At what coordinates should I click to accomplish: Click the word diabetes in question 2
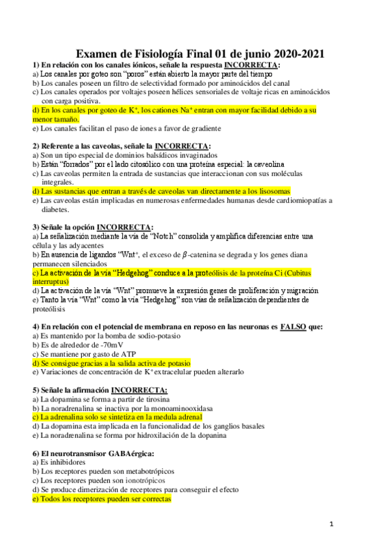click(x=55, y=210)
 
